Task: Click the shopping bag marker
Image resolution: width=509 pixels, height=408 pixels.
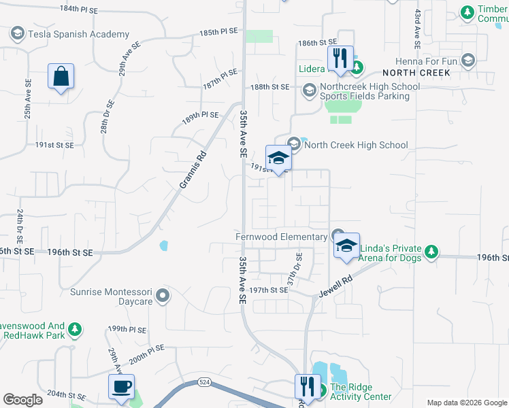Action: pyautogui.click(x=61, y=77)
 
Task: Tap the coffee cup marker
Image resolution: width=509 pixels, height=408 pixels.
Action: pyautogui.click(x=121, y=386)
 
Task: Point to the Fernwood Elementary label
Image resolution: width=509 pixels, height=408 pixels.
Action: pyautogui.click(x=281, y=237)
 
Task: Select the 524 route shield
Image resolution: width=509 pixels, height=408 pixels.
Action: pyautogui.click(x=203, y=382)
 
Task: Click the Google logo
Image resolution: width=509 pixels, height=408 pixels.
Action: pyautogui.click(x=22, y=400)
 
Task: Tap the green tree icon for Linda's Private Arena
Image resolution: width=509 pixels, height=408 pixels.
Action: pyautogui.click(x=430, y=253)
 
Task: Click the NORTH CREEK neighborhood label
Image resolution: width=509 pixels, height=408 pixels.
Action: pyautogui.click(x=416, y=72)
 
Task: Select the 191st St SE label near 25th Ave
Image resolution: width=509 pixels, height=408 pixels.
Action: pyautogui.click(x=54, y=145)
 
